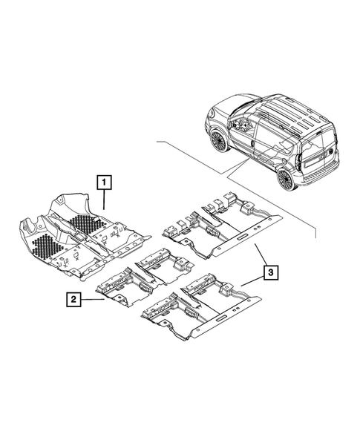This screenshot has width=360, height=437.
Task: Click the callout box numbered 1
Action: pos(105,180)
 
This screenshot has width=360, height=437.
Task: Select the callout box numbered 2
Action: pos(73,300)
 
